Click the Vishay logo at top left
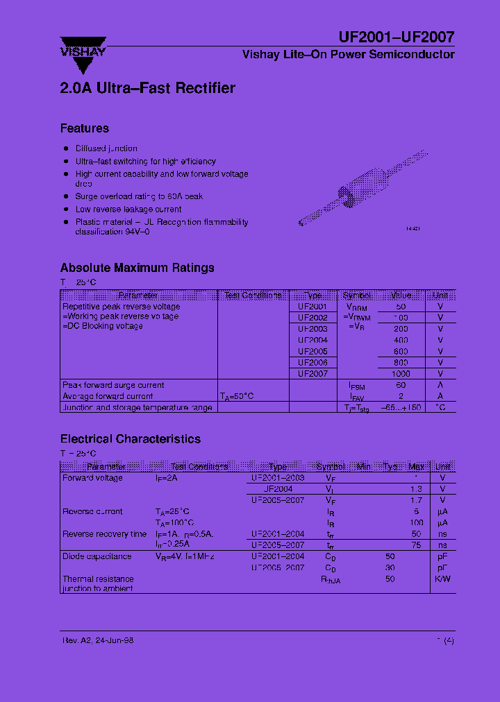(x=83, y=54)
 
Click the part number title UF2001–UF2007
(x=397, y=37)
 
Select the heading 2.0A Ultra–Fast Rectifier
(x=147, y=88)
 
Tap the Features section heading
(x=84, y=128)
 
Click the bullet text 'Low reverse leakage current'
(x=128, y=209)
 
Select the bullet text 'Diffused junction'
(x=106, y=148)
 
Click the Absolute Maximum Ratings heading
(x=137, y=268)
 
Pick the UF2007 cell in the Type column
(x=312, y=374)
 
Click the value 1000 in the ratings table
(x=401, y=374)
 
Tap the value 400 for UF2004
(x=401, y=340)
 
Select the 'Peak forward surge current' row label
(x=113, y=385)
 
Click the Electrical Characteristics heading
(x=130, y=439)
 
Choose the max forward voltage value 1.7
(x=417, y=500)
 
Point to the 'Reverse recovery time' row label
(x=105, y=534)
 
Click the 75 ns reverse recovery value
(x=417, y=545)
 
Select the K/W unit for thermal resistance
(x=442, y=579)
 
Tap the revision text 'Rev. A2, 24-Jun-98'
(x=97, y=640)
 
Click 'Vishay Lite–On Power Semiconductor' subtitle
(x=348, y=55)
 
